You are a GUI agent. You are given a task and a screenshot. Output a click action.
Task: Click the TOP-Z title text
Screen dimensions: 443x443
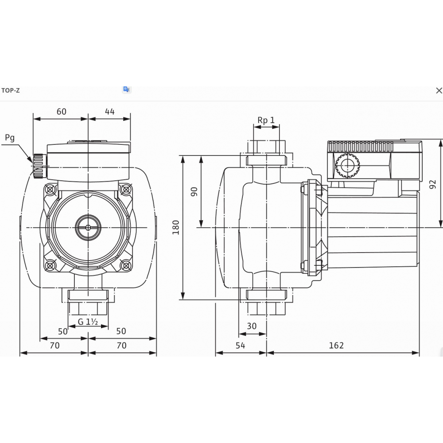click(11, 90)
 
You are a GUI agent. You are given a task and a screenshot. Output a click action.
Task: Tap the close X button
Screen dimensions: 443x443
click(439, 91)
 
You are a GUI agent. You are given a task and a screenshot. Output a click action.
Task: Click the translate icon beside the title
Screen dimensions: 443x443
click(127, 89)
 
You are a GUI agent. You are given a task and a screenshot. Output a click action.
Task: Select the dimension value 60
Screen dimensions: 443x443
click(61, 112)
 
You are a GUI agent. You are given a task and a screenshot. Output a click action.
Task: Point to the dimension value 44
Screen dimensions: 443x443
click(109, 112)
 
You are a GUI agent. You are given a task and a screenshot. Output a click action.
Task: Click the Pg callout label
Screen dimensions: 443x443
click(10, 138)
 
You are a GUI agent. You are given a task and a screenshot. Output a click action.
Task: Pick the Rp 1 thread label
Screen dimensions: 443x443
click(266, 120)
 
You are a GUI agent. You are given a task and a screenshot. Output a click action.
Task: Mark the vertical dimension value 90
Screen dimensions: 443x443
click(194, 191)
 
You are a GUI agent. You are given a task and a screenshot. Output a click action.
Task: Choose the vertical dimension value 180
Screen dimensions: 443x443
click(176, 227)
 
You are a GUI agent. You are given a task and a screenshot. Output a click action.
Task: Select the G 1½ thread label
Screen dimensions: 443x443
click(88, 322)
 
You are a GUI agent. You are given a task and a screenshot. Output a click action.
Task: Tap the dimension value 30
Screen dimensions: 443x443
click(252, 326)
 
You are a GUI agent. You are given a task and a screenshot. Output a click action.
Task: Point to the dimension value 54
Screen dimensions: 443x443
click(240, 346)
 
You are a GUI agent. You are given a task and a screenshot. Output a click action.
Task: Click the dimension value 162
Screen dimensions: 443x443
click(336, 346)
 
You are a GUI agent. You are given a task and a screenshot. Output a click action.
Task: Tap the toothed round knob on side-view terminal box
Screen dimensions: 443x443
click(347, 166)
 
